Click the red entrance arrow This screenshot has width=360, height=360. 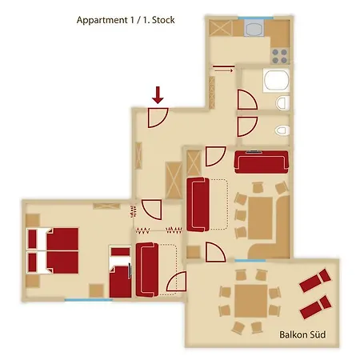click(x=158, y=95)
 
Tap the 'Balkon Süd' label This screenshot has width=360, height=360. click(x=302, y=334)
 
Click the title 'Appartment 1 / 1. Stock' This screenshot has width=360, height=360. click(x=126, y=20)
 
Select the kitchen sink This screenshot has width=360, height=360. click(x=254, y=28)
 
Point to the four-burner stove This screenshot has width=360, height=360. click(x=280, y=56)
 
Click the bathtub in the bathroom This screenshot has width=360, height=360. click(x=276, y=80)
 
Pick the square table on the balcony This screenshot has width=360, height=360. click(x=251, y=301)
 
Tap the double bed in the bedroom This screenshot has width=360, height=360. click(x=53, y=250)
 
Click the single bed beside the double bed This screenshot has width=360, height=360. click(x=121, y=271)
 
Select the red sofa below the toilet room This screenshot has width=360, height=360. click(x=262, y=162)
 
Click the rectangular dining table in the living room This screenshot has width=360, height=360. click(x=260, y=218)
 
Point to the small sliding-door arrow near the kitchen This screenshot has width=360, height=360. click(x=223, y=70)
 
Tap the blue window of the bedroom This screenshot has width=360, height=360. click(x=88, y=300)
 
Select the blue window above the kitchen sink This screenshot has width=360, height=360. click(x=255, y=18)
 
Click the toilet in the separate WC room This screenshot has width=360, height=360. click(x=282, y=130)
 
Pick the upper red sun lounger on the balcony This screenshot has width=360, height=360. click(x=315, y=280)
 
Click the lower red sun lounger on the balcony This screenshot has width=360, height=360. click(x=316, y=307)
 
